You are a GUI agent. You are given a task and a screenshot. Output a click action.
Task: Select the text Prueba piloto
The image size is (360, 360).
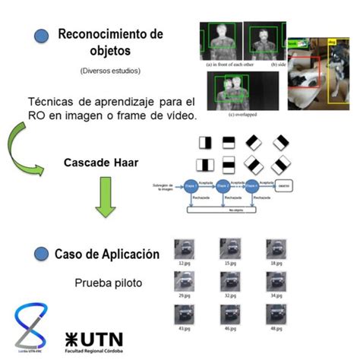tap(109, 284)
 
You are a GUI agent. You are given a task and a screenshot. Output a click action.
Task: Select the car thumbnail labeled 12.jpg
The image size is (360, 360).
tap(182, 248)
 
